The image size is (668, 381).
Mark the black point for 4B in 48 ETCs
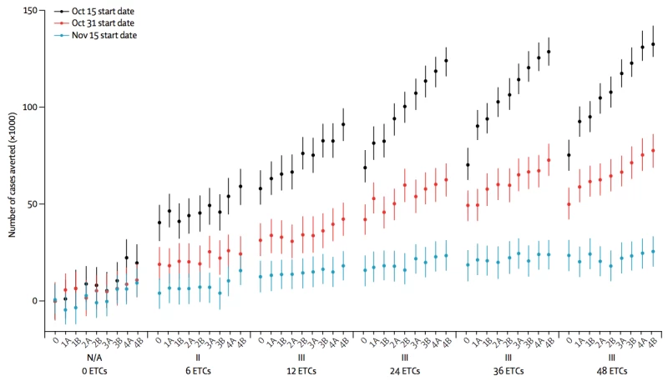[x=653, y=44]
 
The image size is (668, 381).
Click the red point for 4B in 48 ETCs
[x=653, y=150]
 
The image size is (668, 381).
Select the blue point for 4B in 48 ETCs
[x=653, y=251]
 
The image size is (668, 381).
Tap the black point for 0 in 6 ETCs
[x=159, y=223]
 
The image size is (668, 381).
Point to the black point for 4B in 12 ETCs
[x=343, y=124]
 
